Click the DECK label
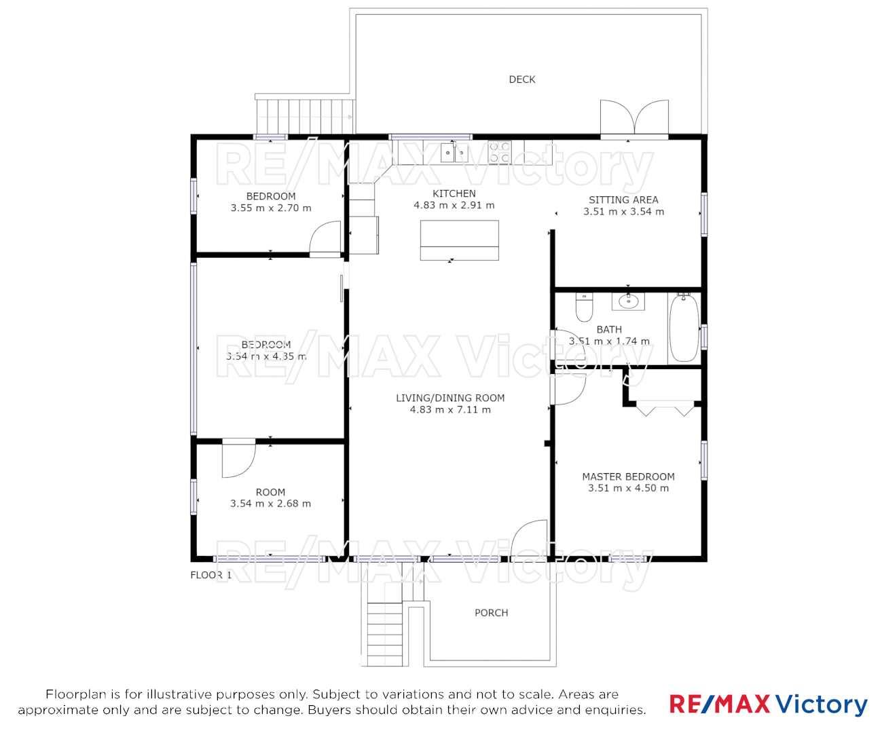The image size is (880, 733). pyautogui.click(x=521, y=79)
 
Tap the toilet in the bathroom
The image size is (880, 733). pyautogui.click(x=584, y=307)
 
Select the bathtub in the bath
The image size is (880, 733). pyautogui.click(x=684, y=328)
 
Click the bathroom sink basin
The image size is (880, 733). pyautogui.click(x=629, y=301)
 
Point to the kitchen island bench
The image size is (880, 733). pyautogui.click(x=460, y=240)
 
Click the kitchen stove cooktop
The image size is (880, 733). pyautogui.click(x=500, y=152)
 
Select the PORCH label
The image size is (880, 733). pyautogui.click(x=491, y=613)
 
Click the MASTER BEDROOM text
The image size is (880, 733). pyautogui.click(x=628, y=476)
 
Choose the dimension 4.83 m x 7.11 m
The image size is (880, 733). pyautogui.click(x=450, y=410)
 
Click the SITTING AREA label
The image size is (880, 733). pyautogui.click(x=623, y=200)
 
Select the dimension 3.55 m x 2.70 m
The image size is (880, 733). pyautogui.click(x=271, y=208)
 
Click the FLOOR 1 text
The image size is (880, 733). pyautogui.click(x=210, y=575)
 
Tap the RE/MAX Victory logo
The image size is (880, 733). pyautogui.click(x=768, y=704)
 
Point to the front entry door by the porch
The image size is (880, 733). pyautogui.click(x=530, y=540)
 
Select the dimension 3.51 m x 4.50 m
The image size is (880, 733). pyautogui.click(x=628, y=489)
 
